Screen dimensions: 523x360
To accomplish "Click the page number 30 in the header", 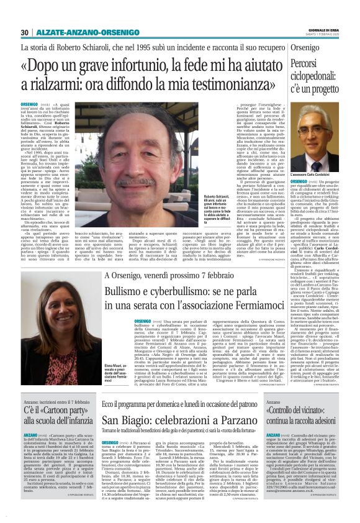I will point(25,32).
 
